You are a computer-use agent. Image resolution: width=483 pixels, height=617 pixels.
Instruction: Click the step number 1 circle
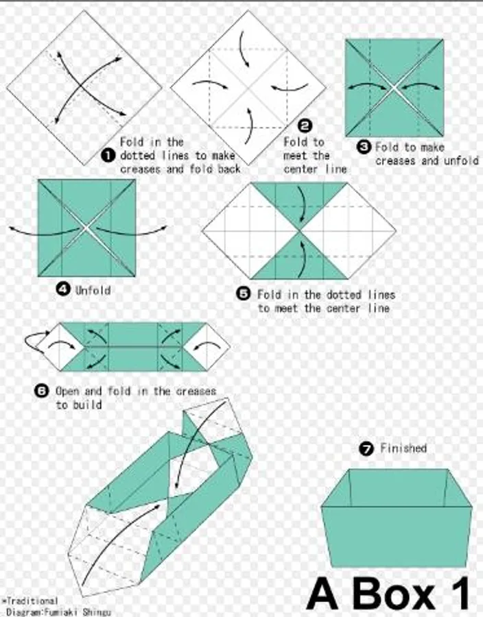point(108,156)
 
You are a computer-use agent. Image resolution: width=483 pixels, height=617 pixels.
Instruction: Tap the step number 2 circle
point(305,126)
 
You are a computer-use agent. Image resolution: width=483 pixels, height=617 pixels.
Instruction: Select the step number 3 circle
point(364,147)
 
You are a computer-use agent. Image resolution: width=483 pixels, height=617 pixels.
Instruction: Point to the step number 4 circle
point(63,290)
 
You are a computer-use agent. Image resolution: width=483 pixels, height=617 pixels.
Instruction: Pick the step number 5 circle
point(244,294)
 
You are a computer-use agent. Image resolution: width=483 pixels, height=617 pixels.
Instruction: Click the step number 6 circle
point(41,391)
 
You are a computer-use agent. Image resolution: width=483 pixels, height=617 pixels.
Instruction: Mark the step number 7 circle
point(366,448)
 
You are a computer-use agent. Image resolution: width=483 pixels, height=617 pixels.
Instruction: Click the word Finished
point(403,448)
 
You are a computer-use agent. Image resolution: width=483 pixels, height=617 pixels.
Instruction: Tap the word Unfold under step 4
point(93,291)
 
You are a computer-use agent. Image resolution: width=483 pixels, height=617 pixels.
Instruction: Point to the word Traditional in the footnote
point(32,601)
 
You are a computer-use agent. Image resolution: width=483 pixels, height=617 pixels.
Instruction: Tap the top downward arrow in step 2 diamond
point(244,49)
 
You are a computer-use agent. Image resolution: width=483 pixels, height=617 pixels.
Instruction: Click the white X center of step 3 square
point(394,88)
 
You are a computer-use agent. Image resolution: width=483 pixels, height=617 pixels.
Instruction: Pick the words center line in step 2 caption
point(316,169)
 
